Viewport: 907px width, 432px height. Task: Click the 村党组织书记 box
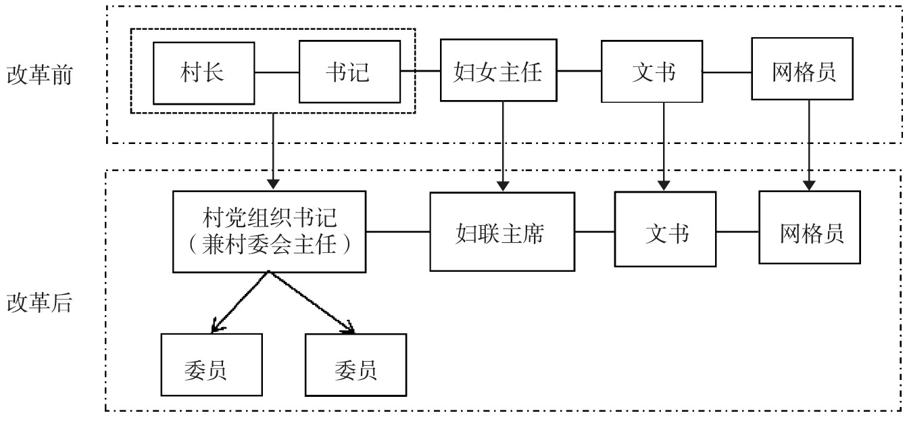[x=269, y=231]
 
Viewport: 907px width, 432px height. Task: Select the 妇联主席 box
[x=502, y=231]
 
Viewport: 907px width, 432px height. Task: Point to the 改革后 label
[x=39, y=302]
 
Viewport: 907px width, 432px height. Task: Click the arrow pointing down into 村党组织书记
[x=273, y=151]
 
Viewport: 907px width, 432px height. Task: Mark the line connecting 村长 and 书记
[x=276, y=71]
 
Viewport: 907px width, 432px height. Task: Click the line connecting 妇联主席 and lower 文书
[x=594, y=231]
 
